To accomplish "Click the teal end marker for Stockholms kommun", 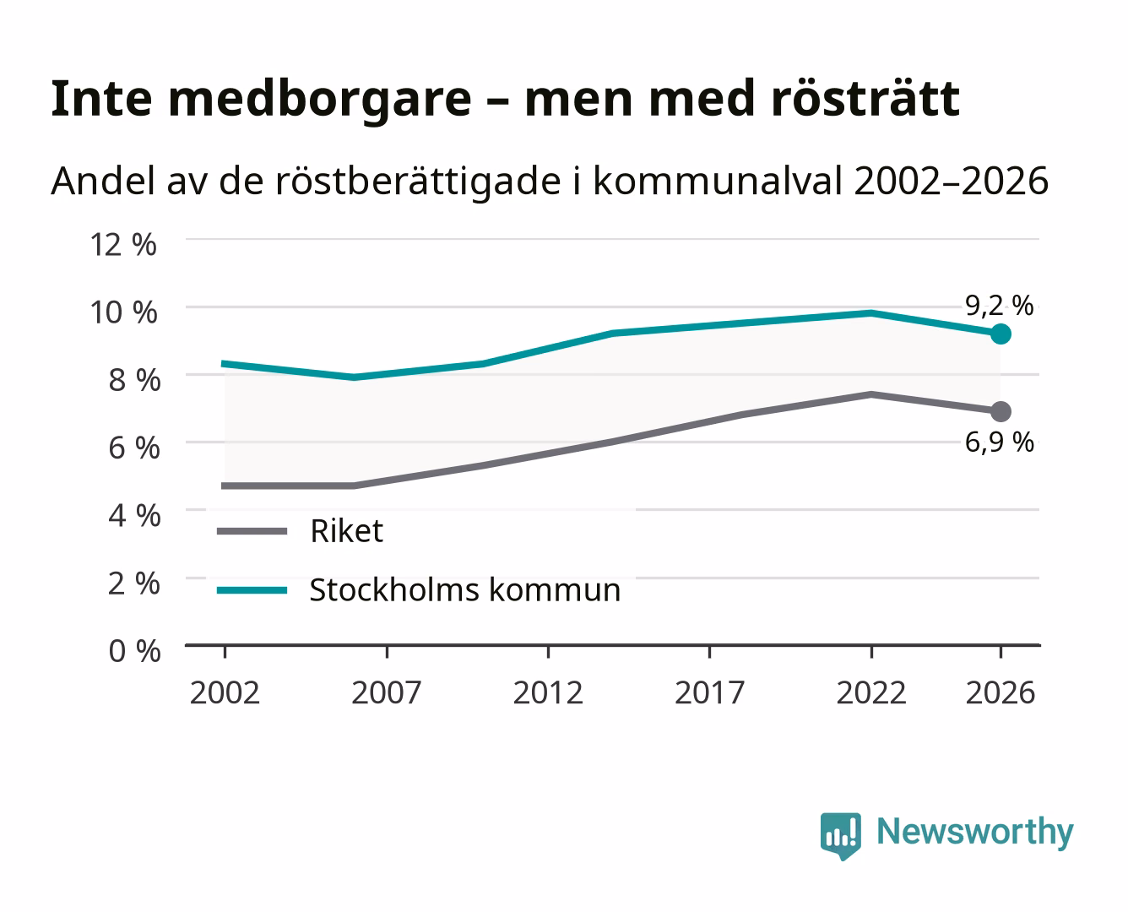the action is tap(1001, 334).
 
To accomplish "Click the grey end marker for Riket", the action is tap(1001, 411).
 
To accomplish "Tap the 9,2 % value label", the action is tap(999, 306).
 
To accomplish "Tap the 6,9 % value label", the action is tap(999, 442).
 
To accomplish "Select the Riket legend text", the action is tap(346, 530).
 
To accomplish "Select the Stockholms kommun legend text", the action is tap(464, 589).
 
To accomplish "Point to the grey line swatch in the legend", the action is tap(252, 531).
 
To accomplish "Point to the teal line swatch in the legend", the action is tap(252, 590).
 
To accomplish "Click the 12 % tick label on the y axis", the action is tap(123, 245).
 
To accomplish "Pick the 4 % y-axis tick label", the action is tap(134, 515).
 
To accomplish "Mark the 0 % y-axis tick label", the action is tap(134, 651).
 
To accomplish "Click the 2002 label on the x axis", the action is tap(225, 692).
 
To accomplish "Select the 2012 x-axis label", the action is tap(548, 692).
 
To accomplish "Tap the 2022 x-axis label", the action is tap(871, 692).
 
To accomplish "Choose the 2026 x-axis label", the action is tap(1000, 692).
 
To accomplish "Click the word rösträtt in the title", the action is tap(865, 98).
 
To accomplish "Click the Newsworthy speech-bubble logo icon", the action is tap(840, 836).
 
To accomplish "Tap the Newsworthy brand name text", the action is tap(975, 832).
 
